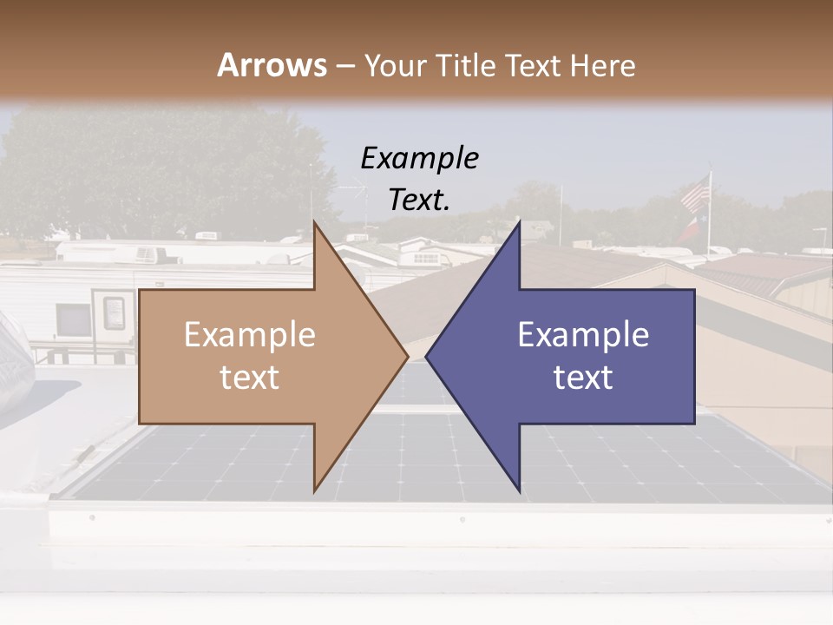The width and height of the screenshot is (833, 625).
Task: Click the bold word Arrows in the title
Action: [272, 65]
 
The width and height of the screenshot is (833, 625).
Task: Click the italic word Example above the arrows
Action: [419, 158]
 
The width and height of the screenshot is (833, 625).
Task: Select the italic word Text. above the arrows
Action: [419, 200]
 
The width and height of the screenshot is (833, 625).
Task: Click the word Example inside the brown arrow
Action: [249, 335]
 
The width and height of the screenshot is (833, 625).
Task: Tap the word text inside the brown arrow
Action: [249, 378]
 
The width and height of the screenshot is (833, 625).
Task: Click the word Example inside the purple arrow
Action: [583, 335]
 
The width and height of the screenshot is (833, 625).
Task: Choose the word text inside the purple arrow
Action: [583, 378]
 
